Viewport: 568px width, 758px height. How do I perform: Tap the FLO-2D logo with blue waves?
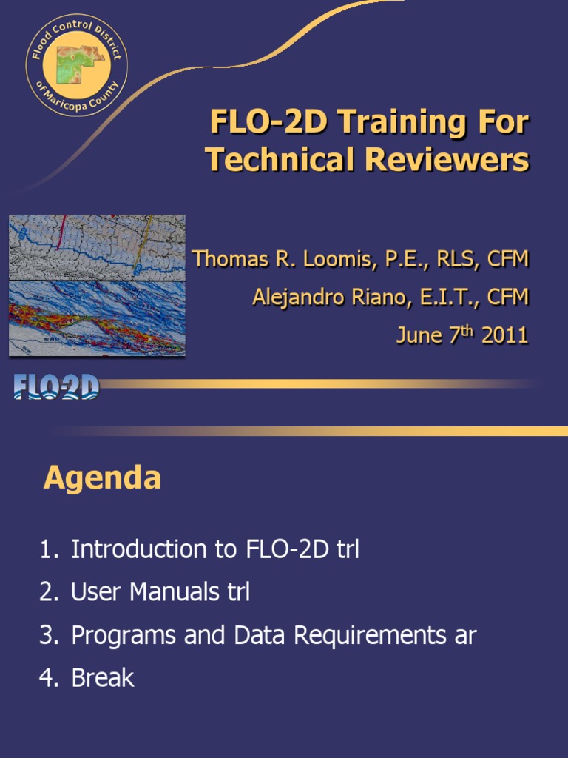(56, 386)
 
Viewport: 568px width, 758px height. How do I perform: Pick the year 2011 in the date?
(504, 335)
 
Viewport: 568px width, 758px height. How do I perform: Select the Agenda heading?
(102, 479)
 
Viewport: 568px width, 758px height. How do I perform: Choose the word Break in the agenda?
(103, 678)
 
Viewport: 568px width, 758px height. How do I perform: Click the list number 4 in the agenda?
(47, 678)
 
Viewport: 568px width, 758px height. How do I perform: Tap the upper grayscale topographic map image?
(97, 246)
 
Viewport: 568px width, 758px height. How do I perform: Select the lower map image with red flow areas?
(97, 318)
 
